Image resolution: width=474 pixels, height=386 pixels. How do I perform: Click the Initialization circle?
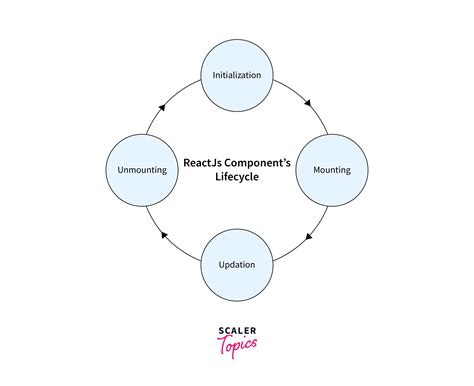[237, 75]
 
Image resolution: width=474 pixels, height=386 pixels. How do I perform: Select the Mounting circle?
[331, 169]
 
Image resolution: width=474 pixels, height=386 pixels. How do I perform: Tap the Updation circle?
[237, 264]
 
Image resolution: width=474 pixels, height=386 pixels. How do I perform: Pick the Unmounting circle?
[142, 169]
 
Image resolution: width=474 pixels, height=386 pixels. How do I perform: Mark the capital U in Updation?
[220, 264]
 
